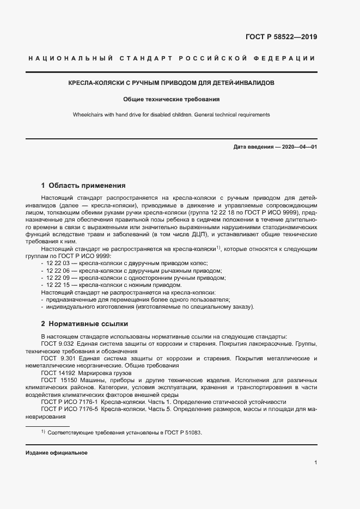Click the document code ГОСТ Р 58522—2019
tap(278, 38)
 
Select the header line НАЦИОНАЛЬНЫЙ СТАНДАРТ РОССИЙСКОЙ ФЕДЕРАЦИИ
tap(170, 58)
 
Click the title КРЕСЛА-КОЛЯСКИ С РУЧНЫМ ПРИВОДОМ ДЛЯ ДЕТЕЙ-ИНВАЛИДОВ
tap(171, 83)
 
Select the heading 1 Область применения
tap(83, 185)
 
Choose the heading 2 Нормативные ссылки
tap(84, 323)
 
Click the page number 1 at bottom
tap(316, 462)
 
